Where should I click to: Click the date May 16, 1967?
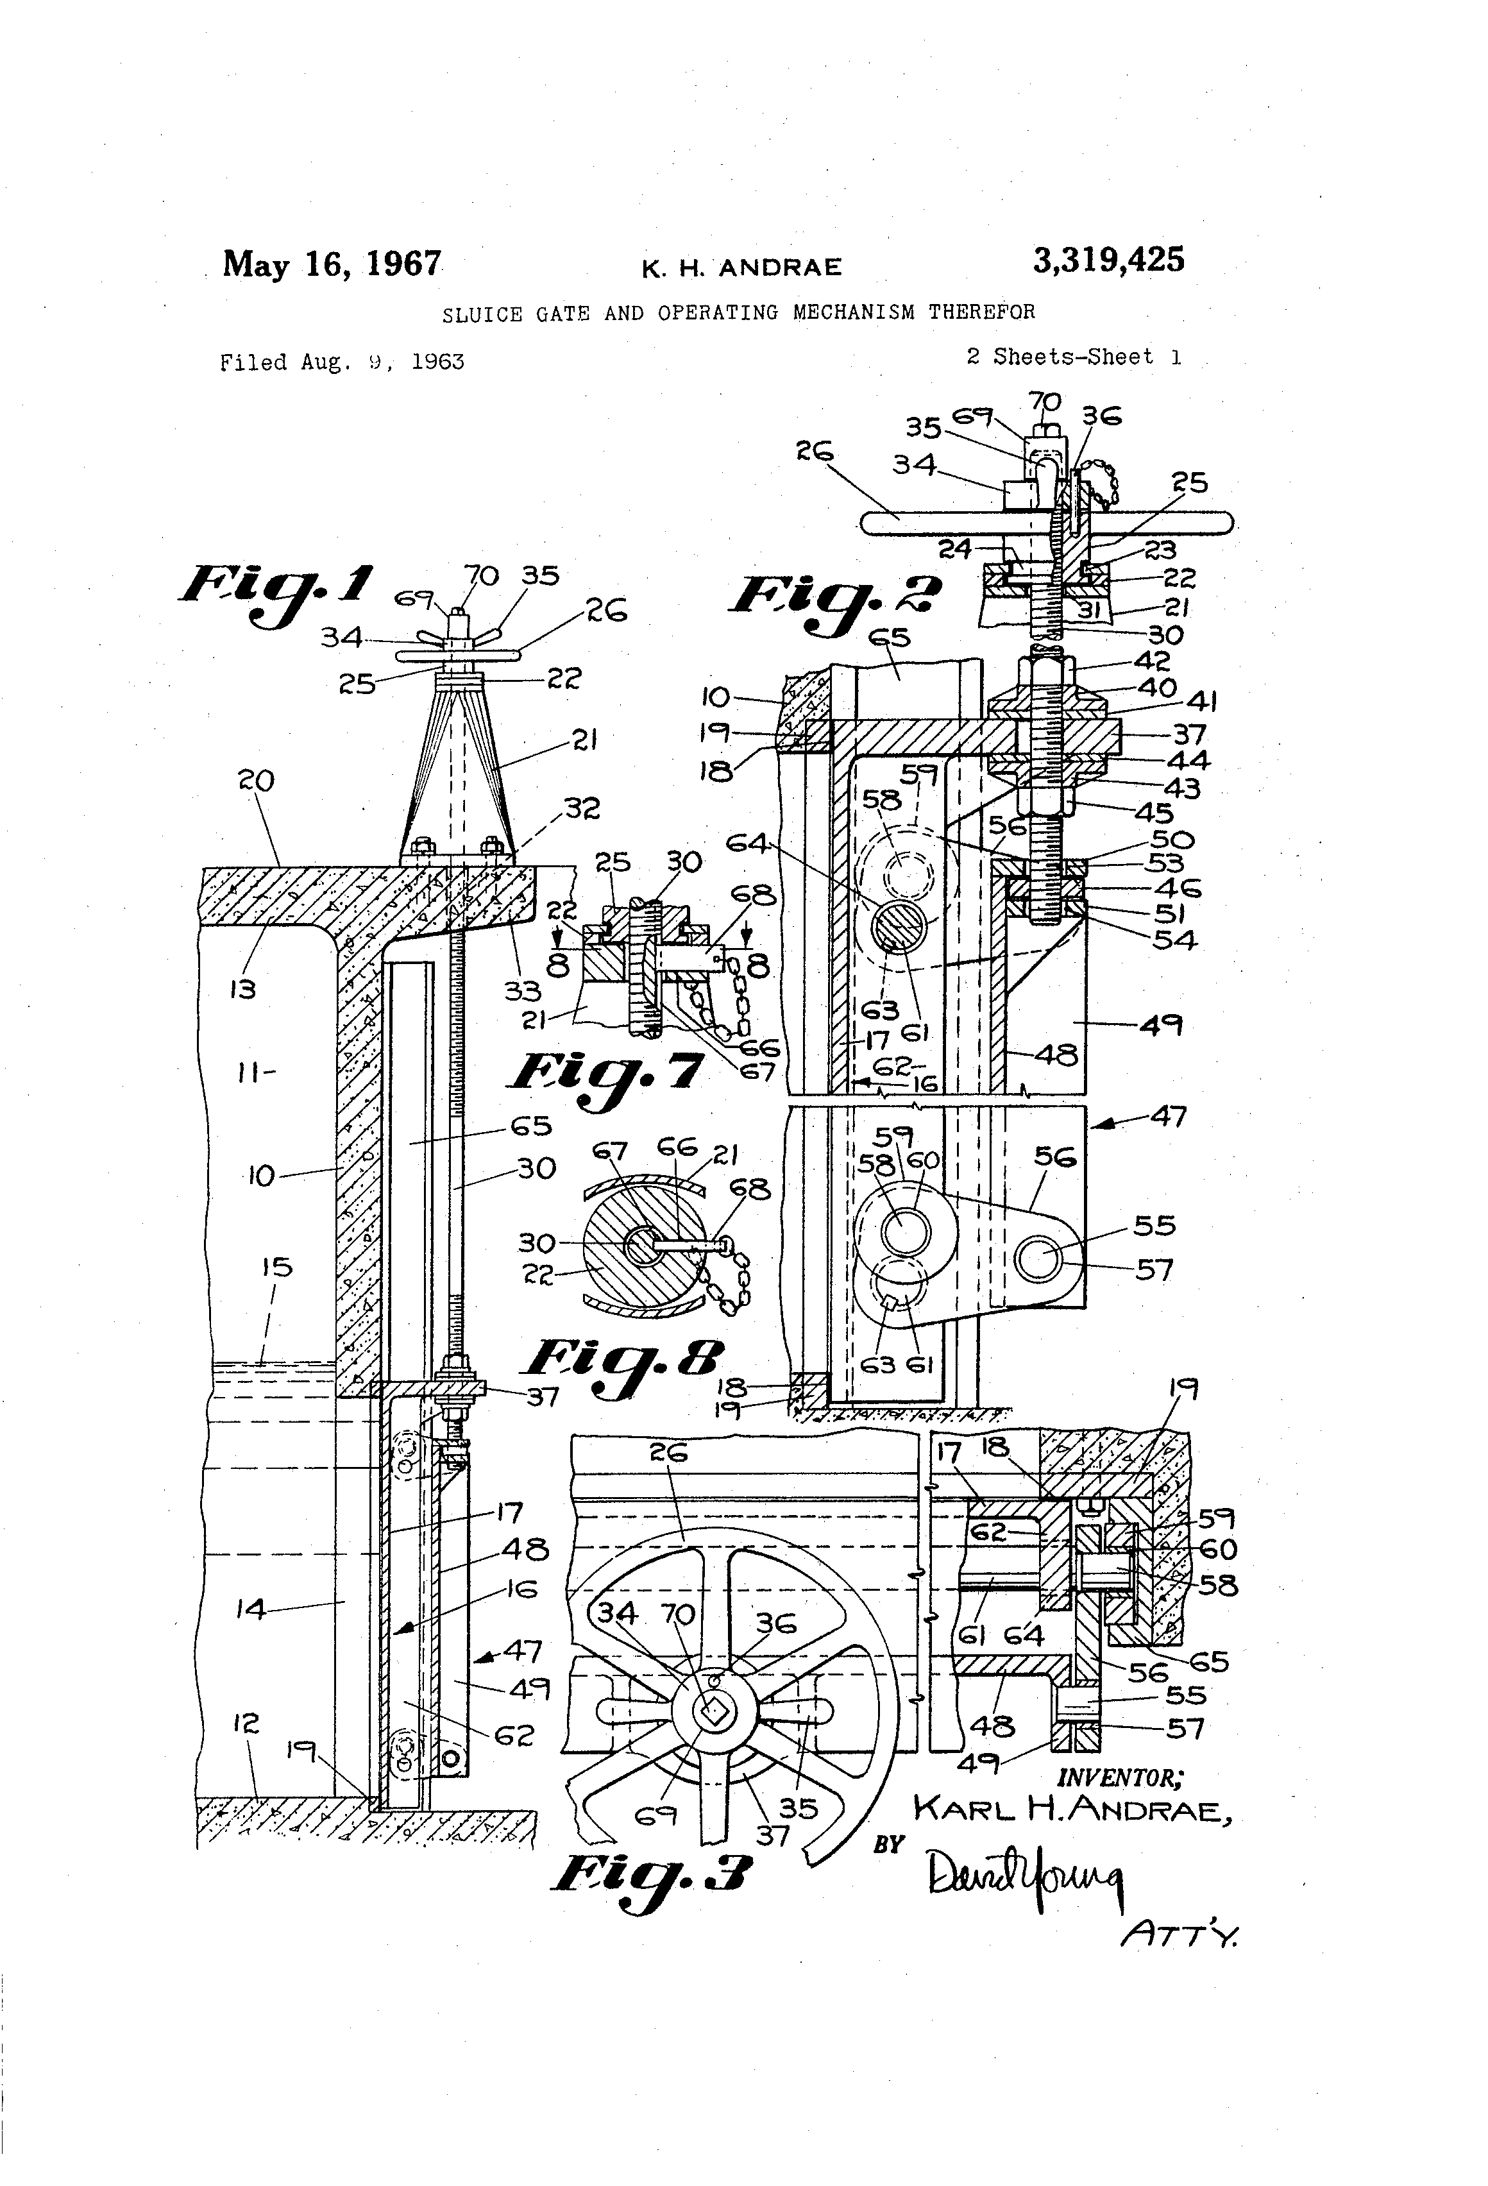[331, 264]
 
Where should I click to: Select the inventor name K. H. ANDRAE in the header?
[741, 269]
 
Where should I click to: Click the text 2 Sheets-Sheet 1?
[1073, 357]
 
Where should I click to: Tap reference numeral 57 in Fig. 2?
[1154, 1270]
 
